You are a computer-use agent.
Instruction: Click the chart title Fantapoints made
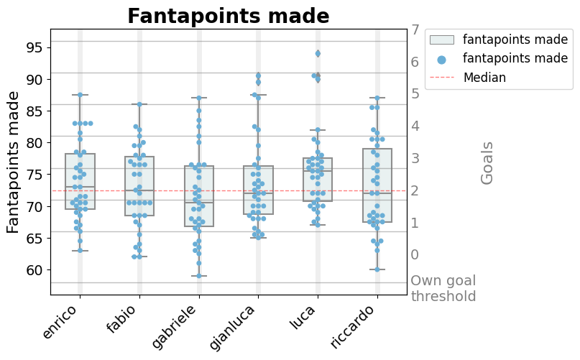pos(229,16)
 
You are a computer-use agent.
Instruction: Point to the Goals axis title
pos(487,162)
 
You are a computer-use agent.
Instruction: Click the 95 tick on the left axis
pos(34,47)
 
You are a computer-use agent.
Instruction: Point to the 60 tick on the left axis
pos(34,269)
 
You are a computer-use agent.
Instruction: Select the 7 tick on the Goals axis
pos(415,30)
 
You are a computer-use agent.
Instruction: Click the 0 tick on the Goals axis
pos(415,254)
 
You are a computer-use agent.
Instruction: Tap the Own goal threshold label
pos(443,288)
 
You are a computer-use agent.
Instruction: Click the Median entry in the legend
pos(485,78)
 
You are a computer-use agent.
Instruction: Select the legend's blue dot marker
pos(441,59)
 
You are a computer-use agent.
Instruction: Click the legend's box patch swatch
pos(441,40)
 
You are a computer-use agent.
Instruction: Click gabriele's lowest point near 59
pos(199,275)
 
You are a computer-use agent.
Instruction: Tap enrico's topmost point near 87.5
pos(80,95)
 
